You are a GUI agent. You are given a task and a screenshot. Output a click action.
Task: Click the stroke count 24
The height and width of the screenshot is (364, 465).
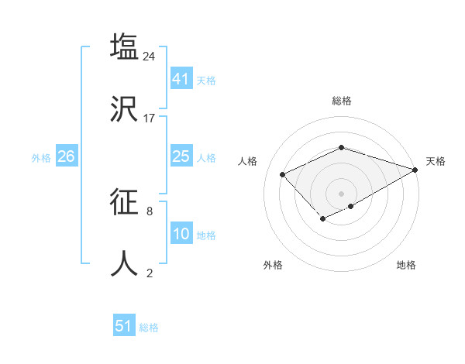click(150, 56)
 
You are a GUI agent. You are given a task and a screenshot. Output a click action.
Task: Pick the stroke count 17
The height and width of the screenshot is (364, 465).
click(150, 118)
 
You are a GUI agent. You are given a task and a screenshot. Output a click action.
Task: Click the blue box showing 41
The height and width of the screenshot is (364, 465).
click(181, 79)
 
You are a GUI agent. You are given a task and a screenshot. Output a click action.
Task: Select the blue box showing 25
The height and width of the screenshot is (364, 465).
click(181, 156)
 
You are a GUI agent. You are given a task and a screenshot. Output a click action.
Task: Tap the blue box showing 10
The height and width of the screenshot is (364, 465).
click(181, 234)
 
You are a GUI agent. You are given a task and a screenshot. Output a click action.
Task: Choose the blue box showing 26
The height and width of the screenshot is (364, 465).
click(66, 156)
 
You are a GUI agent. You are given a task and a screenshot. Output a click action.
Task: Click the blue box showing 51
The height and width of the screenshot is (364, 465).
click(124, 326)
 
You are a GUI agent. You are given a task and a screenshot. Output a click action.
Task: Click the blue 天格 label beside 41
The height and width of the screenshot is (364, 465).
click(206, 80)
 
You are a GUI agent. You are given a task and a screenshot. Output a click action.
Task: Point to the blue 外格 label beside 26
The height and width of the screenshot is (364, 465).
click(41, 157)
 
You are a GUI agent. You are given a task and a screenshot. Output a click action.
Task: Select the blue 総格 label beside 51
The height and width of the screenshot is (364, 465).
click(149, 327)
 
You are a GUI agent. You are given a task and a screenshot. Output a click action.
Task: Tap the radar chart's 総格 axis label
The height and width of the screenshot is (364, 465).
click(341, 101)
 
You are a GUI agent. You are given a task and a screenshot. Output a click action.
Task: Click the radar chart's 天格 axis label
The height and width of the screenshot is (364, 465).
click(436, 161)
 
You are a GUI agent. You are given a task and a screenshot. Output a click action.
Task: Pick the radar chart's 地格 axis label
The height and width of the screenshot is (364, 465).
click(406, 265)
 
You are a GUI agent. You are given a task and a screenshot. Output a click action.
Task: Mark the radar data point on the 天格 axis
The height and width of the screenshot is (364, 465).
click(415, 169)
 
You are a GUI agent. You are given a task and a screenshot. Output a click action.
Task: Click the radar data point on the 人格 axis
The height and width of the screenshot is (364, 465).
click(283, 174)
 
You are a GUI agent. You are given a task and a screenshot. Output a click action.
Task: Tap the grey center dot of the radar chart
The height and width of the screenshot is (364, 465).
click(341, 193)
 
